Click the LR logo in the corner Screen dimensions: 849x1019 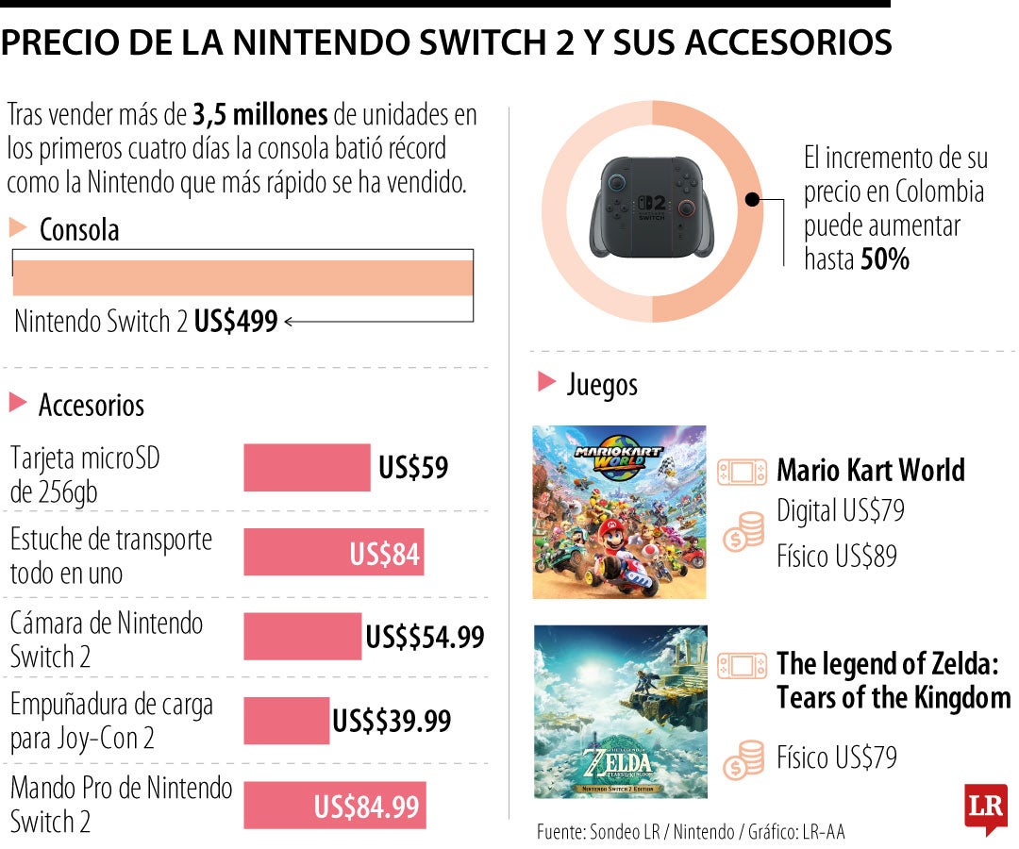click(985, 807)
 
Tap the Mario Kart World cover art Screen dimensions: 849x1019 click(619, 511)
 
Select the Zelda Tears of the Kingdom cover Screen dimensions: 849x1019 click(619, 711)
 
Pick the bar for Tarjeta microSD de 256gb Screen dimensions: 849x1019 click(307, 468)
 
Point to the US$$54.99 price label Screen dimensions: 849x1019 click(425, 637)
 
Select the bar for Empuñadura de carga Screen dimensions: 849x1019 click(287, 721)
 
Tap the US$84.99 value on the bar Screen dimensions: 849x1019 click(366, 807)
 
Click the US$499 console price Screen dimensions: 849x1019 click(236, 322)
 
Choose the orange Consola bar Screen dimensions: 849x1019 click(242, 277)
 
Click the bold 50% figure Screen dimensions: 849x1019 click(885, 259)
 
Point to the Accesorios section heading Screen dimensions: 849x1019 click(91, 406)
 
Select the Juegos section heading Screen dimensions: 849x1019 click(602, 384)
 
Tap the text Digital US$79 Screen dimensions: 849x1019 click(840, 511)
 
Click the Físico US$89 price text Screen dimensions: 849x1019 click(836, 557)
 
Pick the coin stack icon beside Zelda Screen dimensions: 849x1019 click(743, 759)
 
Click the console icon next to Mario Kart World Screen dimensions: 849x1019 click(743, 472)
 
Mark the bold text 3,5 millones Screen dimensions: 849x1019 click(260, 115)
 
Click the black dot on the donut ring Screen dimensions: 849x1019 click(752, 200)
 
